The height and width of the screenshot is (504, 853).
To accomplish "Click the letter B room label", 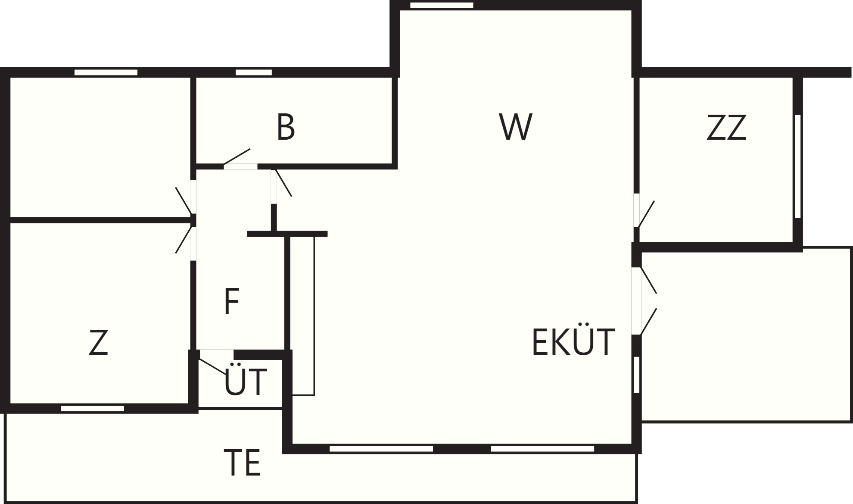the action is (286, 127).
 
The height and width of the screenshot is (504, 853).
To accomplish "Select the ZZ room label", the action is (726, 128).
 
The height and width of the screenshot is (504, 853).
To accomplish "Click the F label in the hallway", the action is (232, 302).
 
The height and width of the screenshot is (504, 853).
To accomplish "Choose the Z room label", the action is (98, 342).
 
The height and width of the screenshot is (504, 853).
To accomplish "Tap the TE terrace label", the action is (242, 463).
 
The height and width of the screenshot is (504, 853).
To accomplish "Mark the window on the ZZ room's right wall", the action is (797, 166).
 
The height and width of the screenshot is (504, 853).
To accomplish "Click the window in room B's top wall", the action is (254, 72).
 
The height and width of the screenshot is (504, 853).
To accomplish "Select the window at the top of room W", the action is (442, 5).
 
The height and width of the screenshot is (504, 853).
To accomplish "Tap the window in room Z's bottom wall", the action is (93, 408).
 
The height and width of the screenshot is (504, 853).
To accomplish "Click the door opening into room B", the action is (240, 166).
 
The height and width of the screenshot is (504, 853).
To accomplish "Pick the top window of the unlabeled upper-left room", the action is (106, 72).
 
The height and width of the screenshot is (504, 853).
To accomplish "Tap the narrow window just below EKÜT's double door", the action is (637, 375).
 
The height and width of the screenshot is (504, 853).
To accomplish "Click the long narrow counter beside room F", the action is (303, 316).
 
